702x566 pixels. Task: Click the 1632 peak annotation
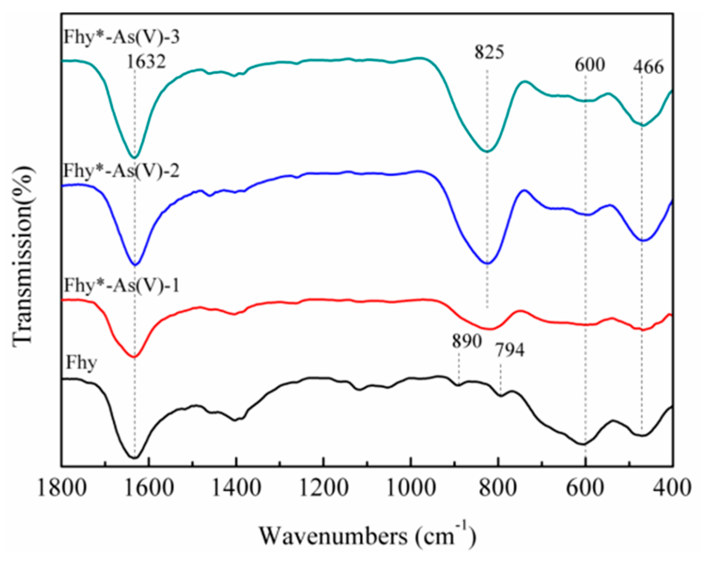point(146,62)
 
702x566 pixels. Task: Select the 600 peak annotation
point(589,65)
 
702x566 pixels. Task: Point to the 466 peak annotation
point(648,67)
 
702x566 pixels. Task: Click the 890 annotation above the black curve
point(467,341)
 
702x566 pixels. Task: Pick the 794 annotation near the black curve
point(510,350)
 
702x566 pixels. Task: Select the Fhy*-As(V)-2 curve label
point(121,171)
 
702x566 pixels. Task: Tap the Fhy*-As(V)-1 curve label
point(121,286)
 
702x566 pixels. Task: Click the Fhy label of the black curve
point(81,362)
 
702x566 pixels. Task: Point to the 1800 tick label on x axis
point(61,488)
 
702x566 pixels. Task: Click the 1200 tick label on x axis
point(323,488)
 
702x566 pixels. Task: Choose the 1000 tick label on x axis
point(411,488)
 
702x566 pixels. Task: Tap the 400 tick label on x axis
point(673,488)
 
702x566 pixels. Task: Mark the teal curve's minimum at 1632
point(134,157)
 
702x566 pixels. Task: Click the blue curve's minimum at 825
point(487,263)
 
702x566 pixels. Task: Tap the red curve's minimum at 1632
point(134,357)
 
